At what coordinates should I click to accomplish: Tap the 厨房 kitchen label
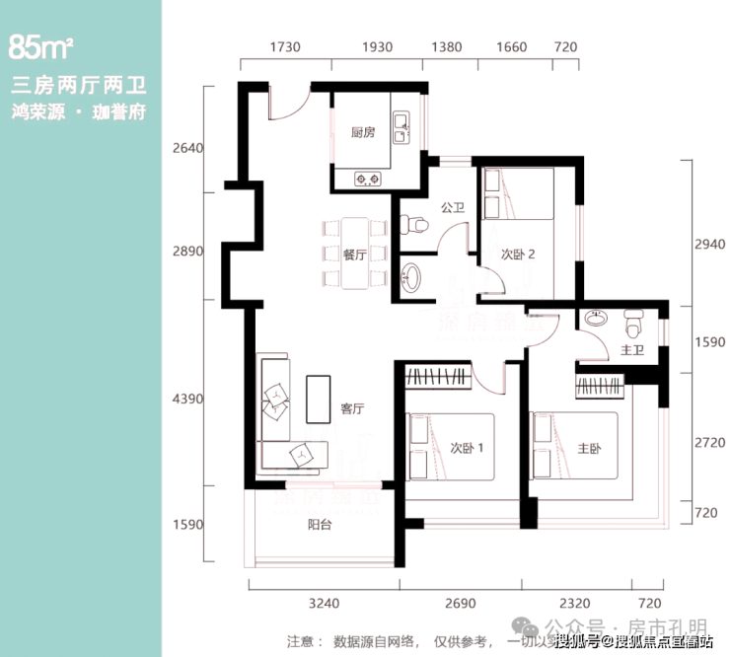[363, 133]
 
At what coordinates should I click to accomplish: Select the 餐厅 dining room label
[354, 254]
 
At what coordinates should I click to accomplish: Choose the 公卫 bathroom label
[453, 208]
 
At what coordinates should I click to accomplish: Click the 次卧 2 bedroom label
[518, 254]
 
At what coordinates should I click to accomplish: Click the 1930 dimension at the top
[377, 47]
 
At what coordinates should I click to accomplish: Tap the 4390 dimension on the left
[186, 400]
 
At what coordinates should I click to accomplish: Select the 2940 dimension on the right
[709, 244]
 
